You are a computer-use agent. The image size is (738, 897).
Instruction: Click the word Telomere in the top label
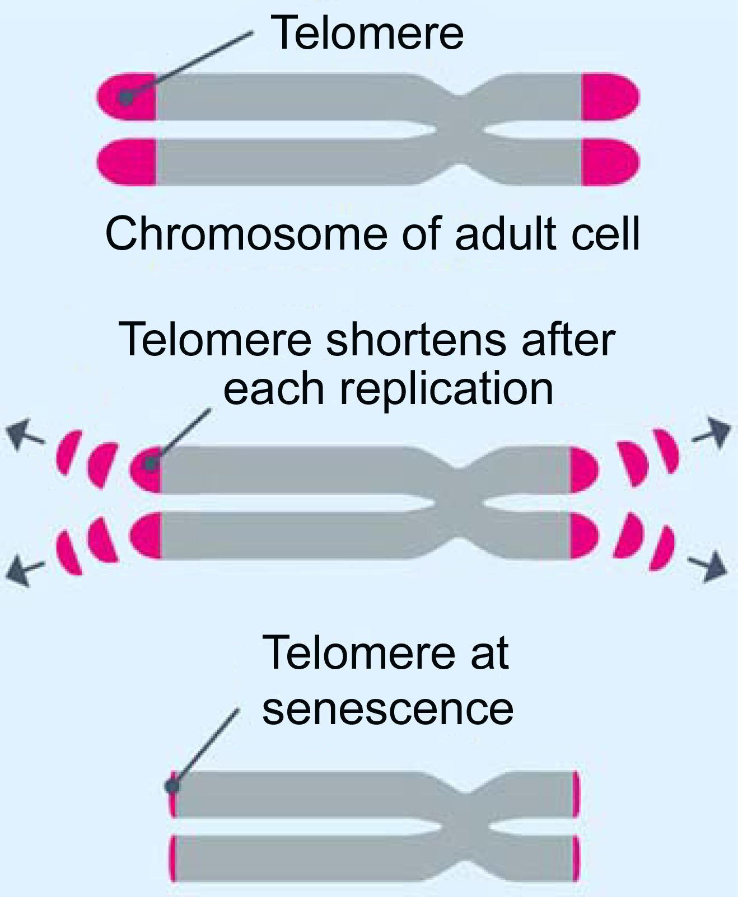367,34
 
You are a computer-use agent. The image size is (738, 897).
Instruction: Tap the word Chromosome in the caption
246,233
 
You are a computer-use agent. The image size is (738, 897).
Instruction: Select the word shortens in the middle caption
416,340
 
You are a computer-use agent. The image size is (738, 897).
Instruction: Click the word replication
446,389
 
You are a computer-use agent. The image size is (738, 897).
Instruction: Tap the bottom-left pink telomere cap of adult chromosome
127,162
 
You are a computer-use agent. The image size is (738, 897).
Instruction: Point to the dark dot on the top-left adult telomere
125,98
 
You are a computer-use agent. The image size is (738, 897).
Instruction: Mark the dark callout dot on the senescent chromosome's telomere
172,786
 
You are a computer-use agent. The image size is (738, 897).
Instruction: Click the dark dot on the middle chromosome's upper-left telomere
150,463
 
